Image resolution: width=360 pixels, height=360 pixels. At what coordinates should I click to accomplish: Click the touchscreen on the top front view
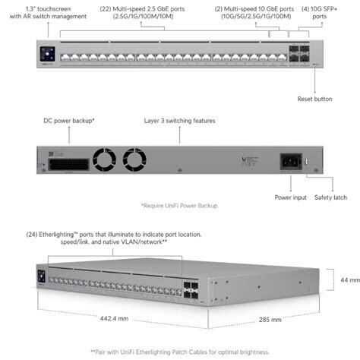[47, 54]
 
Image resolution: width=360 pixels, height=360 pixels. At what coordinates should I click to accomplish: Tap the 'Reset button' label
[314, 99]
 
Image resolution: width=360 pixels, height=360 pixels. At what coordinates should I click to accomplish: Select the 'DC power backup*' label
[69, 121]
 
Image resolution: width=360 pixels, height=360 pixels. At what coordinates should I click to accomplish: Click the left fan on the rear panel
[104, 159]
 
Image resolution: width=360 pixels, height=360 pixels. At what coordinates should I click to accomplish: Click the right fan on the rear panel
[134, 159]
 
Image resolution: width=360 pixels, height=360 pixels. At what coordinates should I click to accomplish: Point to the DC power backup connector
[68, 165]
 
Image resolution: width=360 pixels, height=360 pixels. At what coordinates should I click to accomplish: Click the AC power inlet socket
[291, 162]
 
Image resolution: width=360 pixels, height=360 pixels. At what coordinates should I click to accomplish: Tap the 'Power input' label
[291, 197]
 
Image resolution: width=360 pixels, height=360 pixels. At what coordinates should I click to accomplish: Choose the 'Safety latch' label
[330, 197]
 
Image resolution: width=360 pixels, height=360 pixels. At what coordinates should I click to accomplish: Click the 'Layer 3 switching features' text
[180, 121]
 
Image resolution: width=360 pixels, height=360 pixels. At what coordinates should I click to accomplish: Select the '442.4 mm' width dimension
[114, 318]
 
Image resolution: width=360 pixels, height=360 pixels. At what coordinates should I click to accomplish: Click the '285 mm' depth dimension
[270, 320]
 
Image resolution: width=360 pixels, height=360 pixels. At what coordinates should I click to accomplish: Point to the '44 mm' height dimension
[350, 280]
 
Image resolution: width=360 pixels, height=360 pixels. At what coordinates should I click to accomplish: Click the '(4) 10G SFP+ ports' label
[320, 13]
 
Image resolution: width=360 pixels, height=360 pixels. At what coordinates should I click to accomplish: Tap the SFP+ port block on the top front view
[299, 54]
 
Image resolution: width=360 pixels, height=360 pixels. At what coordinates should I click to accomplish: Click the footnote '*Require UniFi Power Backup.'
[180, 206]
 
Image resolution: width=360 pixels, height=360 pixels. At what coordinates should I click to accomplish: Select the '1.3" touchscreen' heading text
[48, 9]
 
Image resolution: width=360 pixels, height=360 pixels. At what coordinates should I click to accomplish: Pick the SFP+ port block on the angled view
[191, 290]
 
